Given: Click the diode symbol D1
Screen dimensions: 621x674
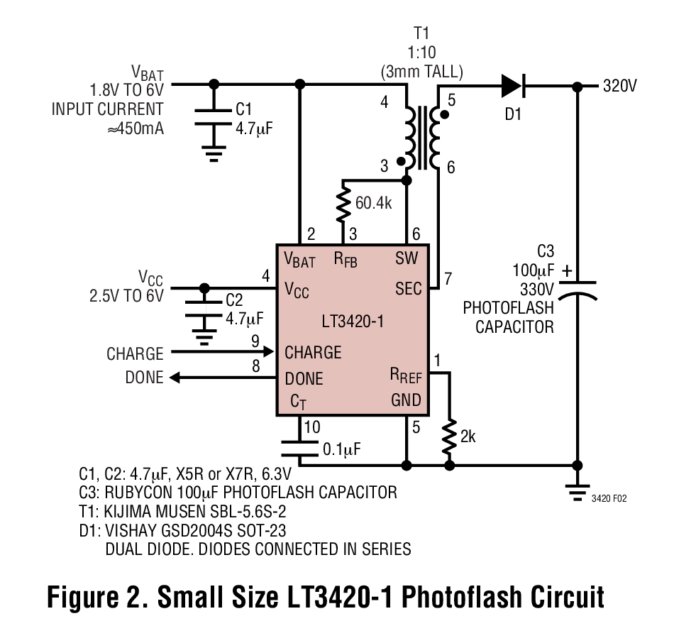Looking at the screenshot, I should coord(512,86).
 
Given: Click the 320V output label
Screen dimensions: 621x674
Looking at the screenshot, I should coord(620,87).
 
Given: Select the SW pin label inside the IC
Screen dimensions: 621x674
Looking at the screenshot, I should coord(407,258).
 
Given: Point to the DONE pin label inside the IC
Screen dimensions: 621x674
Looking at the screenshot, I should coord(304,378).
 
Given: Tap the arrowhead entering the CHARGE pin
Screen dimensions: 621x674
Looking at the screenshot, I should coord(268,352).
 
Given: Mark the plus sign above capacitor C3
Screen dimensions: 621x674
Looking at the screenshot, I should coord(566,270).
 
